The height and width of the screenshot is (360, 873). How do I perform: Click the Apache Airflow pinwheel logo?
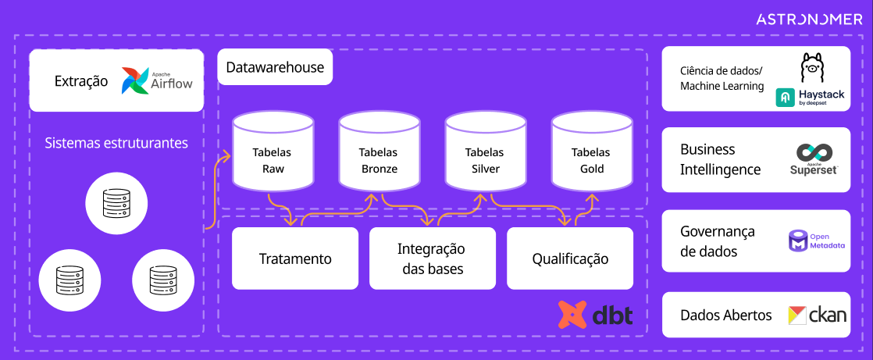135,80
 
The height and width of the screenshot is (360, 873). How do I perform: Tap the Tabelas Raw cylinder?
273,153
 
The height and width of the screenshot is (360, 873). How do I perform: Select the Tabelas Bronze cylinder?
379,153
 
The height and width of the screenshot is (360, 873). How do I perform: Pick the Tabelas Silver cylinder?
484,153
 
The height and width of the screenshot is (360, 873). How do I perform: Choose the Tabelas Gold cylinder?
591,153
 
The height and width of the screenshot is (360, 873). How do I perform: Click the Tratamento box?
295,258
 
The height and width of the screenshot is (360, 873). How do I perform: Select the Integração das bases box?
432,258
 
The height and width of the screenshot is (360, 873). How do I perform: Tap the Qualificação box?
570,258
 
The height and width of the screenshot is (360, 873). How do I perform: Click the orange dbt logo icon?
572,314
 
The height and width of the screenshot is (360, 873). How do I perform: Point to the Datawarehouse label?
275,68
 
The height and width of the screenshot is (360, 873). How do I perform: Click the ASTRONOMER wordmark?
809,20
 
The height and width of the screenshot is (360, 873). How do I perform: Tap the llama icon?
811,68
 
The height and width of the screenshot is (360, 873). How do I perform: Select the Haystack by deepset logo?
810,97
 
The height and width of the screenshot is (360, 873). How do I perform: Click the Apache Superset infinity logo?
813,153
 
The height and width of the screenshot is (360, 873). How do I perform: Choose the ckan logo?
817,315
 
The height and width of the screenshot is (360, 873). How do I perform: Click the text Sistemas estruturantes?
116,143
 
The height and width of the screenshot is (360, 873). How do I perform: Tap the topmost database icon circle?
116,203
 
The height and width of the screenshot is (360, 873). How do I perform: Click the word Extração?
81,81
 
